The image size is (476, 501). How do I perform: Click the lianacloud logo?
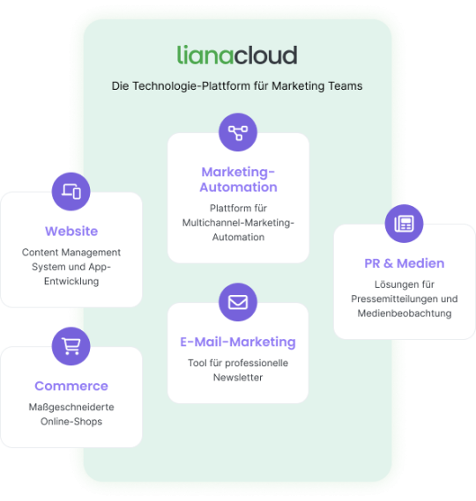pos(237,55)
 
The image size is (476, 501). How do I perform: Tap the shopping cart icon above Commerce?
pos(71,346)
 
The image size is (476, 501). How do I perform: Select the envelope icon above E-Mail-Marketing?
pos(238,302)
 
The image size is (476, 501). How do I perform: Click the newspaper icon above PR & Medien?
pos(404,224)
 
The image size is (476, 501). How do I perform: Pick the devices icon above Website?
pos(71,191)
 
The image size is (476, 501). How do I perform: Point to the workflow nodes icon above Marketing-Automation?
pos(238,133)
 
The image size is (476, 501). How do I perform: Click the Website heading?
pos(71,231)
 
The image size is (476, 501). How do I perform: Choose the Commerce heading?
pos(71,386)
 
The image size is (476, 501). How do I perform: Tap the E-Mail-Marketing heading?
pos(238,342)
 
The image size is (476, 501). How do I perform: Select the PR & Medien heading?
pos(405,263)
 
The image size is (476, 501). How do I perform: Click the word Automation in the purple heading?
pos(238,187)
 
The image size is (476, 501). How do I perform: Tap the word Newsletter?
pos(238,378)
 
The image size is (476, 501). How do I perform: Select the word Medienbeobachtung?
pos(405,313)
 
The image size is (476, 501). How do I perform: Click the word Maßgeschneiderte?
pos(71,407)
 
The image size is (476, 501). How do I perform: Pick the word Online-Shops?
pos(71,422)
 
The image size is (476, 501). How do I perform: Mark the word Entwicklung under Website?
pos(71,281)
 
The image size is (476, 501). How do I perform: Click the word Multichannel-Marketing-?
pos(238,223)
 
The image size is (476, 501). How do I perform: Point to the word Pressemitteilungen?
pos(393,298)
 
